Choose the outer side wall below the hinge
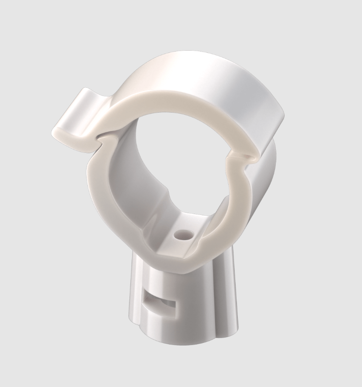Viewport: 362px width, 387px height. pyautogui.click(x=265, y=183)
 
